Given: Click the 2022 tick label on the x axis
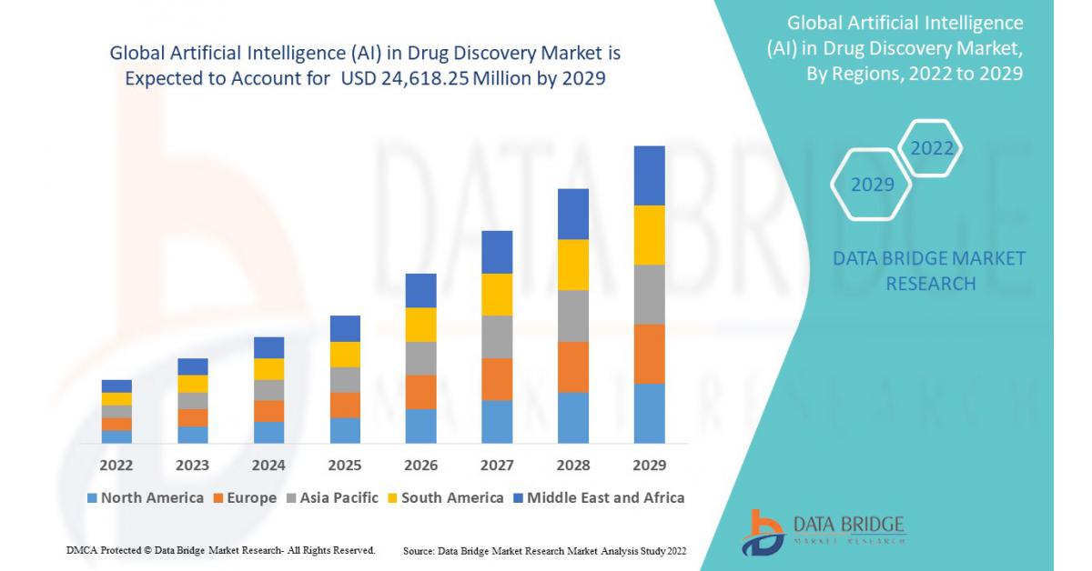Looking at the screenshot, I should [x=116, y=466].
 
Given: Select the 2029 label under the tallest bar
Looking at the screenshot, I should [x=649, y=466].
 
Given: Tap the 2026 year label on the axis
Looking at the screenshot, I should [x=420, y=466].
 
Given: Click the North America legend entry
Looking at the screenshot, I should [x=145, y=497].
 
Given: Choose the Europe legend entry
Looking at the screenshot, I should [x=246, y=497].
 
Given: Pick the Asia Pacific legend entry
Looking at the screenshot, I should [x=330, y=497].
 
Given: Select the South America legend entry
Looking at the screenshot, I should [x=445, y=497].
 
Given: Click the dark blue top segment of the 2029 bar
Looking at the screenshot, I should [x=649, y=175].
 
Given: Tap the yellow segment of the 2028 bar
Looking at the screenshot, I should [x=573, y=265].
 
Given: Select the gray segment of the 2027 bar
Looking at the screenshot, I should [x=497, y=336].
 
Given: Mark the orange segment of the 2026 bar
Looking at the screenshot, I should [x=420, y=392].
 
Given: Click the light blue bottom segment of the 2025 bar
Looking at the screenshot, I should [x=345, y=430].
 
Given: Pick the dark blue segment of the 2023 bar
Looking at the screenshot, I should [x=193, y=366].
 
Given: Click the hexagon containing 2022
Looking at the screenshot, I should [x=931, y=148].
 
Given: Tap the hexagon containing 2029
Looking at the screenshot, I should [x=872, y=185].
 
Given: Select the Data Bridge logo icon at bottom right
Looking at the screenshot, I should [x=762, y=532].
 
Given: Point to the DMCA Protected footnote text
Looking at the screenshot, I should [x=221, y=550].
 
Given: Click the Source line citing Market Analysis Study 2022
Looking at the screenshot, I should [x=544, y=551].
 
